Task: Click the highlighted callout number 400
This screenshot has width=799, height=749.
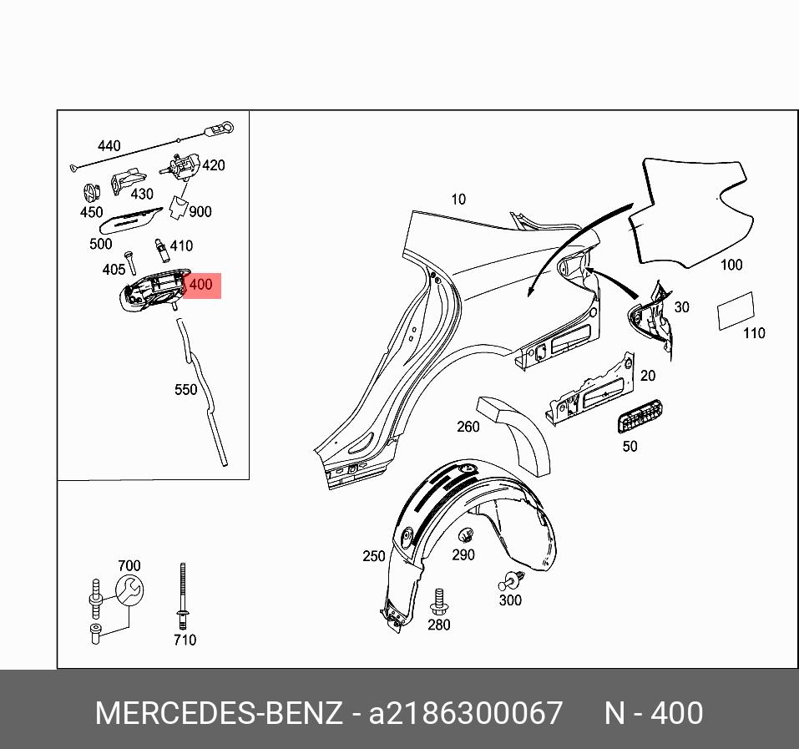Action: tap(201, 285)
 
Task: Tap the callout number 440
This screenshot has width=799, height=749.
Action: tap(109, 146)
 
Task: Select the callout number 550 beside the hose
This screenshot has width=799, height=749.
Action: tap(185, 389)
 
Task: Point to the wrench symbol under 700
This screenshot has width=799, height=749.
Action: tap(129, 591)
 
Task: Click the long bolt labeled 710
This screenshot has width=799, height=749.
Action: tap(182, 596)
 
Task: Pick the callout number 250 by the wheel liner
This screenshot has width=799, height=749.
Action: tap(374, 556)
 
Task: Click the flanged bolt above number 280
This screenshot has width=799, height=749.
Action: tap(438, 600)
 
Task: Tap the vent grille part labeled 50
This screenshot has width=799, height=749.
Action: tap(640, 415)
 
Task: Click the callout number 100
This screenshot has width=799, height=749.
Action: tap(731, 265)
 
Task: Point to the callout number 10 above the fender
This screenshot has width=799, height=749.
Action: tap(458, 199)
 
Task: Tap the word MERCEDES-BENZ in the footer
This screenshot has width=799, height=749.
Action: tap(219, 714)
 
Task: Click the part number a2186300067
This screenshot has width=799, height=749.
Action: tap(466, 714)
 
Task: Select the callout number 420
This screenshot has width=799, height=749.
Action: tap(214, 165)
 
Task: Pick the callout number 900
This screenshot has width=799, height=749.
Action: tap(200, 211)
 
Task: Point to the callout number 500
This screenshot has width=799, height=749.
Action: tap(100, 245)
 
